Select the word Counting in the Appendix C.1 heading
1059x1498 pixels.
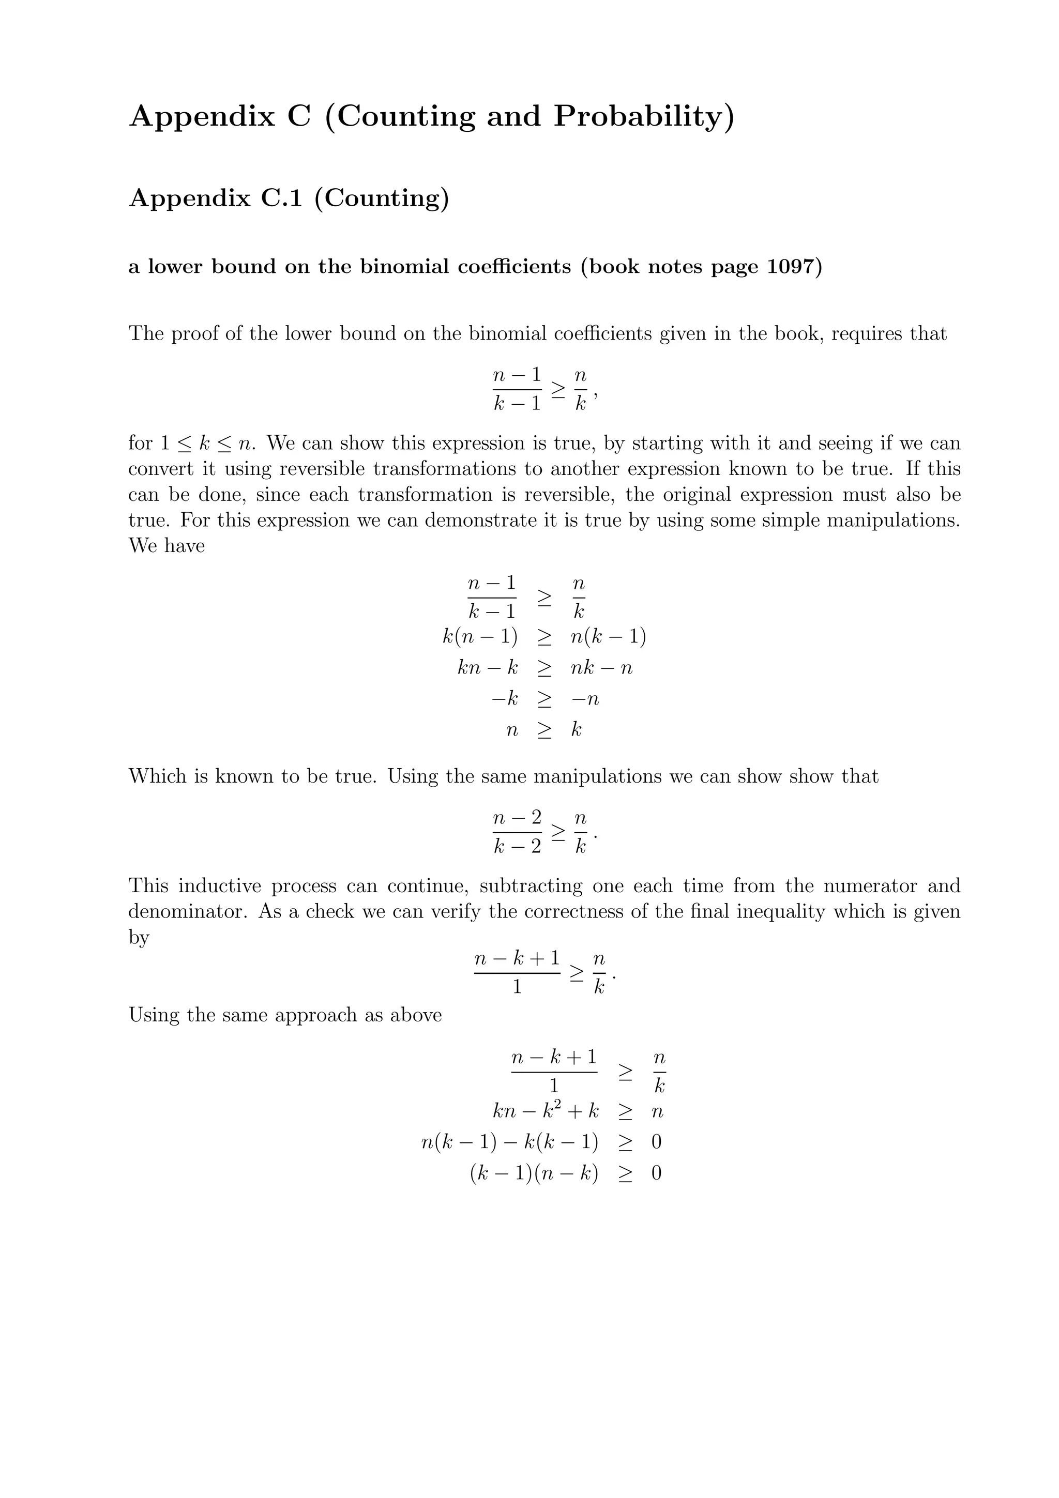(x=381, y=197)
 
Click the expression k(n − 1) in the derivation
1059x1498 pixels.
(x=479, y=636)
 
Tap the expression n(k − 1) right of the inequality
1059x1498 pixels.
(x=608, y=636)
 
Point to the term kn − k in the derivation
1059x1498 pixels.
(x=488, y=667)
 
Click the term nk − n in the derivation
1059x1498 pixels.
(x=601, y=667)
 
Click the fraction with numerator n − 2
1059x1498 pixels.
(x=517, y=832)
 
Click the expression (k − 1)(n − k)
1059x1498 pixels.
(x=534, y=1173)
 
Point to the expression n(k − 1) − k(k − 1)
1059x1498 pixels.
(x=510, y=1142)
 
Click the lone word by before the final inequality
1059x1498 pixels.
(x=139, y=938)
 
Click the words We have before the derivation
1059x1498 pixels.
(x=167, y=545)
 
